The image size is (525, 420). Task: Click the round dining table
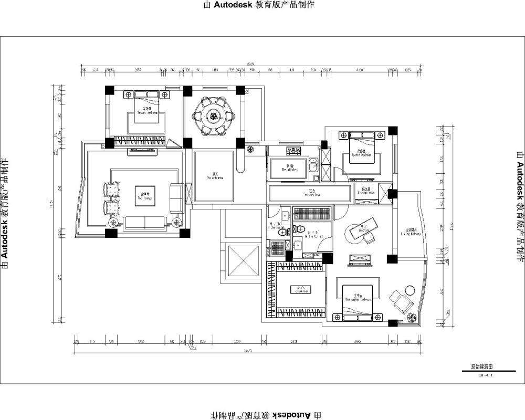[213, 117]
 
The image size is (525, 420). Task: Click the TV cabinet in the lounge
[139, 153]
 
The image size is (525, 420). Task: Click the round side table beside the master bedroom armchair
[407, 290]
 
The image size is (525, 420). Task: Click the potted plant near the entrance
[250, 149]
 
